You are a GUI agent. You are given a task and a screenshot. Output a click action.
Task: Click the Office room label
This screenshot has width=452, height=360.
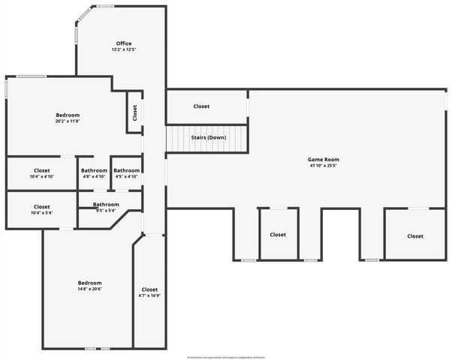point(125,43)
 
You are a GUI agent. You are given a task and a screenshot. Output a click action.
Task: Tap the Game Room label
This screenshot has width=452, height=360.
point(324,159)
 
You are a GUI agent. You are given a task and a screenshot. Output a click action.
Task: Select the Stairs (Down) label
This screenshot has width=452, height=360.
point(208,137)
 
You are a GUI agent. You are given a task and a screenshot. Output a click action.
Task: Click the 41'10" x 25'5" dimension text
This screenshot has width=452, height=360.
point(324,166)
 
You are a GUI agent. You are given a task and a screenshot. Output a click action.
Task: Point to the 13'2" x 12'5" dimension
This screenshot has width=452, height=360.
point(125,49)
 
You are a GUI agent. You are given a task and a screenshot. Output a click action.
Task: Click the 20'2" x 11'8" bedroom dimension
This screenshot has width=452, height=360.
point(68,121)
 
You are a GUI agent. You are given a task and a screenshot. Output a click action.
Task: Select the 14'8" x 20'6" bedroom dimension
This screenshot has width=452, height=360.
point(89,289)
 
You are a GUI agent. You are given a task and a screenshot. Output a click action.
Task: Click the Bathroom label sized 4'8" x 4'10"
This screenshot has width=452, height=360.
point(95,170)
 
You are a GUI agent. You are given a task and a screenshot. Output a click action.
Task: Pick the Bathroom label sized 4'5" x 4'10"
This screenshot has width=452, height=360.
point(127,170)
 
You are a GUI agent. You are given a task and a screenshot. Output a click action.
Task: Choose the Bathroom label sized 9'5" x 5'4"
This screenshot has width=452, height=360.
point(106,204)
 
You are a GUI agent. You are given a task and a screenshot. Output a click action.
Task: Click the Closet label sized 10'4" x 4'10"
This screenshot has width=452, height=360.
point(42,170)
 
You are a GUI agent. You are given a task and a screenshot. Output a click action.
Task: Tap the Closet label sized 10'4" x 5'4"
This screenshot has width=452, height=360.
point(42,206)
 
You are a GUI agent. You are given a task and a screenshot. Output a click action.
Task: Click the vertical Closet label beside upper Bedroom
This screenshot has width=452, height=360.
point(135,112)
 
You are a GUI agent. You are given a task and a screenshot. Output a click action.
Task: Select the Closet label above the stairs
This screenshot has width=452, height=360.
point(201,106)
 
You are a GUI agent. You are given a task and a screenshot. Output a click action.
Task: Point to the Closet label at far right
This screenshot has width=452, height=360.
point(415,236)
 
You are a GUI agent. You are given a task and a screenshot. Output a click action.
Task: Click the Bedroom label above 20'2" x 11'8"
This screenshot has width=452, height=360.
point(68,115)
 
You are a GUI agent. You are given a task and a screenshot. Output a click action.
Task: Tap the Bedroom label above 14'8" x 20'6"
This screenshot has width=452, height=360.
point(89,283)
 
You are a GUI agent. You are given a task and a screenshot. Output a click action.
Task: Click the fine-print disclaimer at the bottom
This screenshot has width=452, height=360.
point(226,357)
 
